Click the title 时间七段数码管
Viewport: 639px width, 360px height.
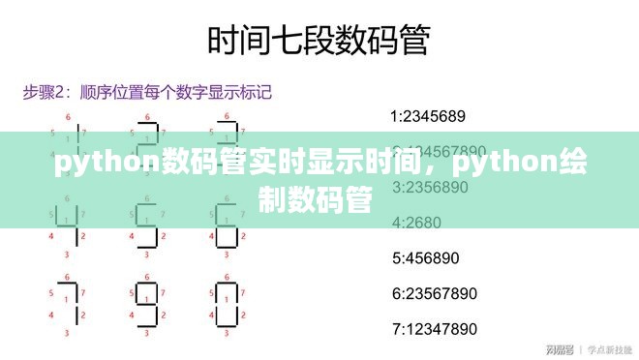coord(319,41)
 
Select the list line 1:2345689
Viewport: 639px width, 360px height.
coord(427,117)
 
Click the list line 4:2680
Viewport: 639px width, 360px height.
coord(415,223)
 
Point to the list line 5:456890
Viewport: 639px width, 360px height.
coord(425,258)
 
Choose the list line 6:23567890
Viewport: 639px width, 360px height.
coord(434,293)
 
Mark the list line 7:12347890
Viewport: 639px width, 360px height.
coord(434,328)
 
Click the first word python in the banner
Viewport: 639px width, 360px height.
coord(98,165)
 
